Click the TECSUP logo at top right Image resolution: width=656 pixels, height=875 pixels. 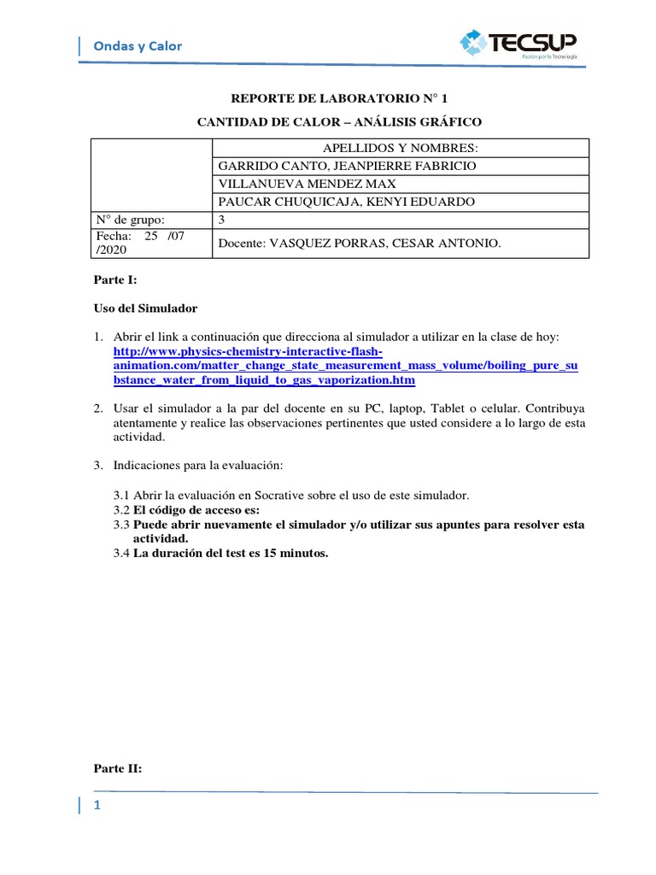(x=518, y=43)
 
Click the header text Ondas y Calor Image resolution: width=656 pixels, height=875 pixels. (x=138, y=46)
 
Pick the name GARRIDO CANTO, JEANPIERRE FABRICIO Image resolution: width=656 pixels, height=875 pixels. (x=348, y=166)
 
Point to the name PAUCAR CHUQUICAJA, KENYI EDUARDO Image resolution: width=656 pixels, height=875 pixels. (x=347, y=202)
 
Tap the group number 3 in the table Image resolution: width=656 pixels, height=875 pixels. (x=222, y=220)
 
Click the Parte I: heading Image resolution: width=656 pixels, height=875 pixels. (x=109, y=280)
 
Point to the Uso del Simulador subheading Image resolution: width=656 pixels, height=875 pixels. (x=144, y=308)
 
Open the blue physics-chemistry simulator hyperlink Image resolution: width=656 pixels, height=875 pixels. (x=345, y=366)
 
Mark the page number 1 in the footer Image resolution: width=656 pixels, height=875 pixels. (x=97, y=806)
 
